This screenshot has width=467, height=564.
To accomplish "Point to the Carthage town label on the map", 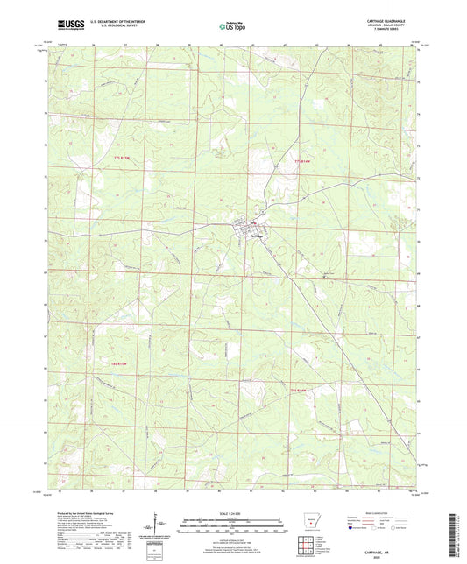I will pyautogui.click(x=256, y=236).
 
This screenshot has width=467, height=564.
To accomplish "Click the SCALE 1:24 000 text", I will pyautogui.click(x=232, y=513).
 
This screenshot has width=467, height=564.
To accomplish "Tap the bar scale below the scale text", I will pyautogui.click(x=232, y=527).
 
